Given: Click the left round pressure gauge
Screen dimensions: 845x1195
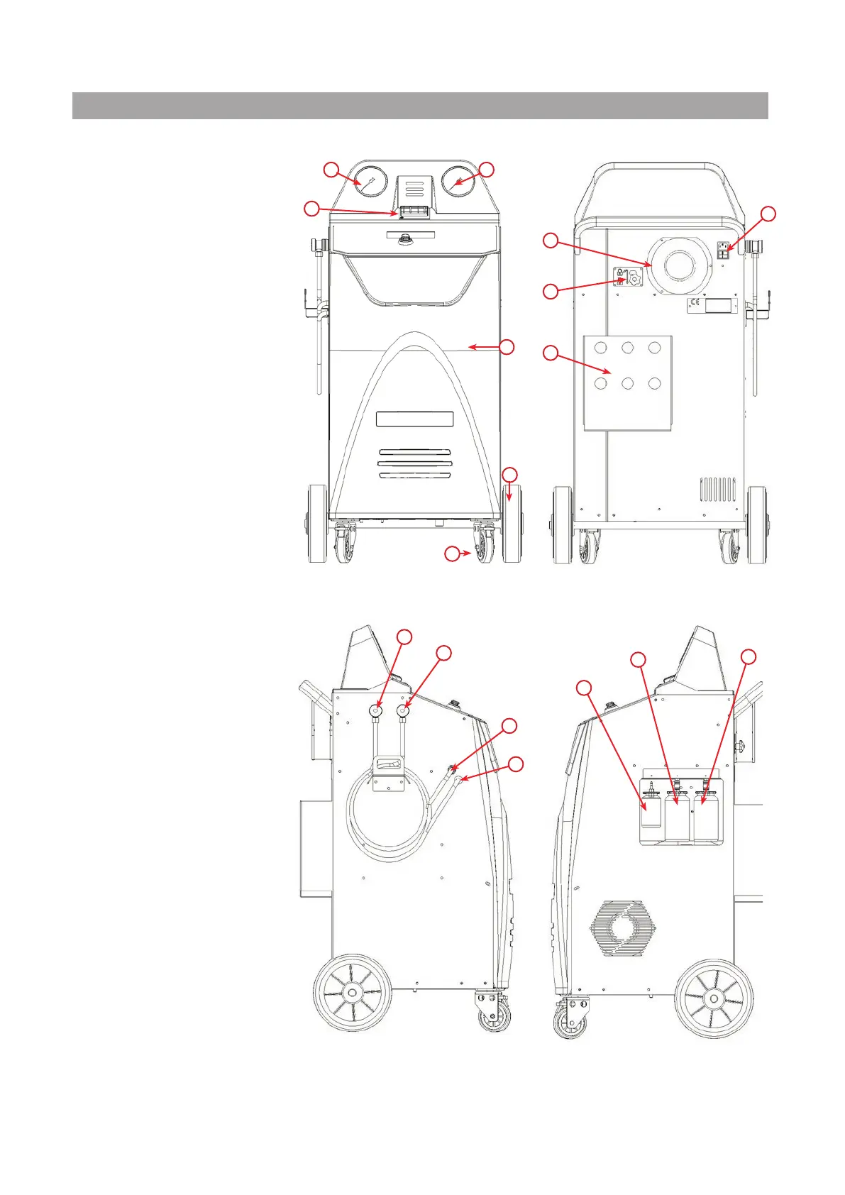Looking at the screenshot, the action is click(370, 182).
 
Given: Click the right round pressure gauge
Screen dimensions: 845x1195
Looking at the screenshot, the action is click(460, 182).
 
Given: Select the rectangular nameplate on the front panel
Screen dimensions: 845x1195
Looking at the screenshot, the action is click(414, 419).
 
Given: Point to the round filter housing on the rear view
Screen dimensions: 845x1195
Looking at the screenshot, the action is click(679, 264).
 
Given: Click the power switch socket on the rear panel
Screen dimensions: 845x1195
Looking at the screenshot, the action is click(725, 250).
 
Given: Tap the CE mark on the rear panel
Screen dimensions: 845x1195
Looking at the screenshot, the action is click(695, 306).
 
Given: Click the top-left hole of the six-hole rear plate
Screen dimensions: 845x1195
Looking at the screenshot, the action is click(601, 348).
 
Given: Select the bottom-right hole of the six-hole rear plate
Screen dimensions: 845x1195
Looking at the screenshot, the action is click(654, 383).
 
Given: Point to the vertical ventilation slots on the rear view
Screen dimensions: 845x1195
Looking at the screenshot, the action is click(718, 490).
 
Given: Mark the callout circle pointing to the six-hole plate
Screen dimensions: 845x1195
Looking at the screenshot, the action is click(551, 353).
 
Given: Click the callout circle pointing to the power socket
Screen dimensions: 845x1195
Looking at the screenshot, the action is click(768, 214).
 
